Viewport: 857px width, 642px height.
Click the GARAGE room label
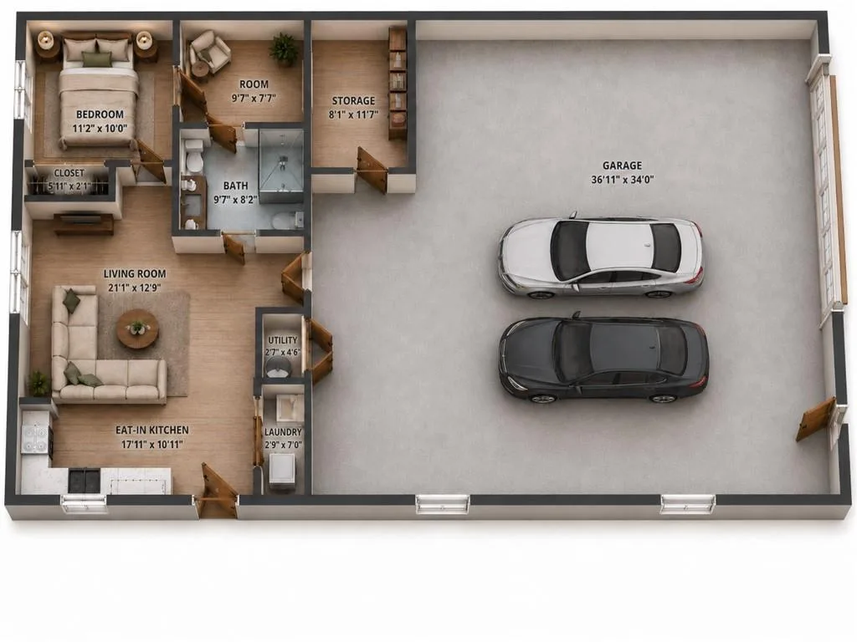pyautogui.click(x=622, y=166)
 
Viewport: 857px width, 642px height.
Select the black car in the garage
pyautogui.click(x=603, y=359)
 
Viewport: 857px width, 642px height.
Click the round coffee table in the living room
pyautogui.click(x=137, y=329)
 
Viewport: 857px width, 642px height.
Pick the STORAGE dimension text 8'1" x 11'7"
pyautogui.click(x=354, y=115)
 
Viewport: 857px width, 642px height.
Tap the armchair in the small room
pyautogui.click(x=209, y=51)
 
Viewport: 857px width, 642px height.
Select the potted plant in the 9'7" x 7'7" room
pyautogui.click(x=285, y=48)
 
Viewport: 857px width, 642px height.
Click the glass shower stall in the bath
pyautogui.click(x=281, y=166)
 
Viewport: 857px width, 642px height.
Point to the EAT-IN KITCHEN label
pyautogui.click(x=152, y=431)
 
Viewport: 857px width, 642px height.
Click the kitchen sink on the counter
pyautogui.click(x=85, y=479)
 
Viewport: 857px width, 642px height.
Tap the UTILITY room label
pyautogui.click(x=283, y=340)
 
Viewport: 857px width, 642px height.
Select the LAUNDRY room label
pyautogui.click(x=283, y=432)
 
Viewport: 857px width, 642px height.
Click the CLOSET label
pyautogui.click(x=69, y=173)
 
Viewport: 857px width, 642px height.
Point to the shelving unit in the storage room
pyautogui.click(x=398, y=83)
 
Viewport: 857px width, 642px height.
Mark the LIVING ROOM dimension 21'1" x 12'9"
pyautogui.click(x=135, y=288)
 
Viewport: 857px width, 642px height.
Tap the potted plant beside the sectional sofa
pyautogui.click(x=38, y=383)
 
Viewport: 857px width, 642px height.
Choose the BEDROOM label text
pyautogui.click(x=100, y=115)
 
